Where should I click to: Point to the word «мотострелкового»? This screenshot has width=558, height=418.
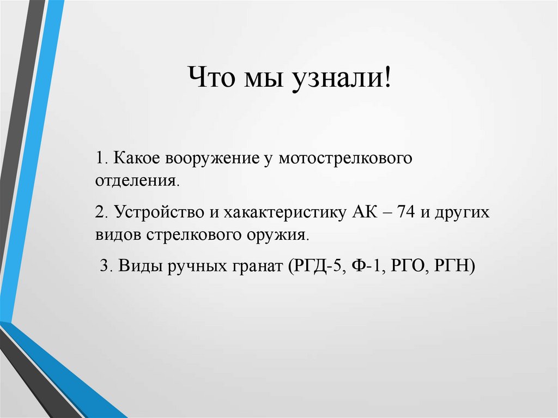344,158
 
